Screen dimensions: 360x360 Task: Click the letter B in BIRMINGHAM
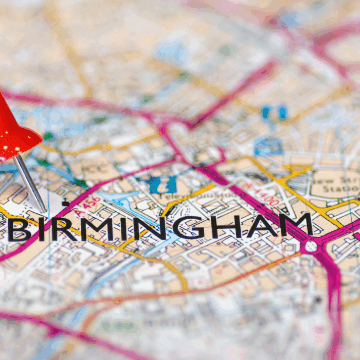[19, 230]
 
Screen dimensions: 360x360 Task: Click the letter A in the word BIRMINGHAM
[255, 227]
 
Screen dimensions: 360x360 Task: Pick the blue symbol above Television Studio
[160, 184]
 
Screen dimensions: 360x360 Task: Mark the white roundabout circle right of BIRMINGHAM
[311, 246]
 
